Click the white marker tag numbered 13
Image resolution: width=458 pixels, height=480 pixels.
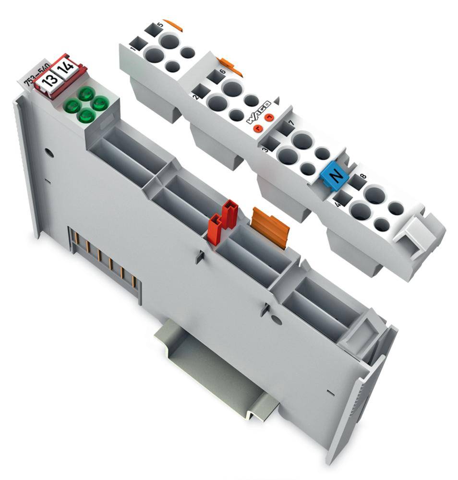(x=49, y=79)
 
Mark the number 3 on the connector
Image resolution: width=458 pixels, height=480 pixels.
(x=264, y=150)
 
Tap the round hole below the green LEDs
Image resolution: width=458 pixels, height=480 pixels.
(x=48, y=154)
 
